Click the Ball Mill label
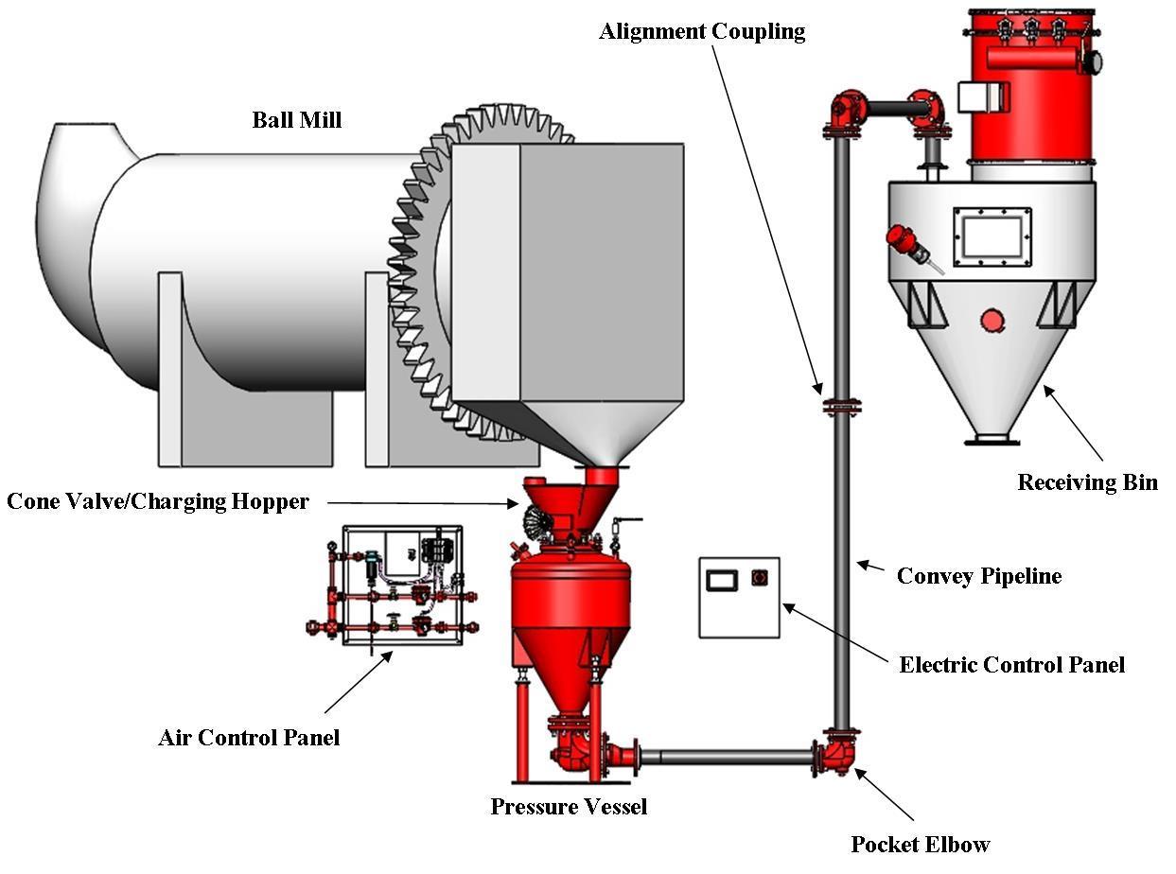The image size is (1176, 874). (x=296, y=120)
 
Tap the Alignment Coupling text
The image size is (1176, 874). (x=702, y=32)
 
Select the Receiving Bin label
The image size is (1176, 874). (x=1087, y=482)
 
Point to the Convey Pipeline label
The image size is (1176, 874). (x=978, y=575)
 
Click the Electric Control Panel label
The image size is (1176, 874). (x=1011, y=664)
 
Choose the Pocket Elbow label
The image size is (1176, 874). (x=920, y=844)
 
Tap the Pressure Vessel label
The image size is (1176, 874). (x=569, y=807)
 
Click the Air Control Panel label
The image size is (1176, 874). (x=249, y=737)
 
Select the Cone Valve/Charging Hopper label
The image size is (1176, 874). (x=158, y=501)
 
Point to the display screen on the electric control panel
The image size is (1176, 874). (x=724, y=579)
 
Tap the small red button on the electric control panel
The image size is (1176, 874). (x=759, y=577)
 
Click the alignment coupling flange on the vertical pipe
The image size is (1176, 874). (x=841, y=408)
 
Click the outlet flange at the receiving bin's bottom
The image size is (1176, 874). (x=992, y=438)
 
